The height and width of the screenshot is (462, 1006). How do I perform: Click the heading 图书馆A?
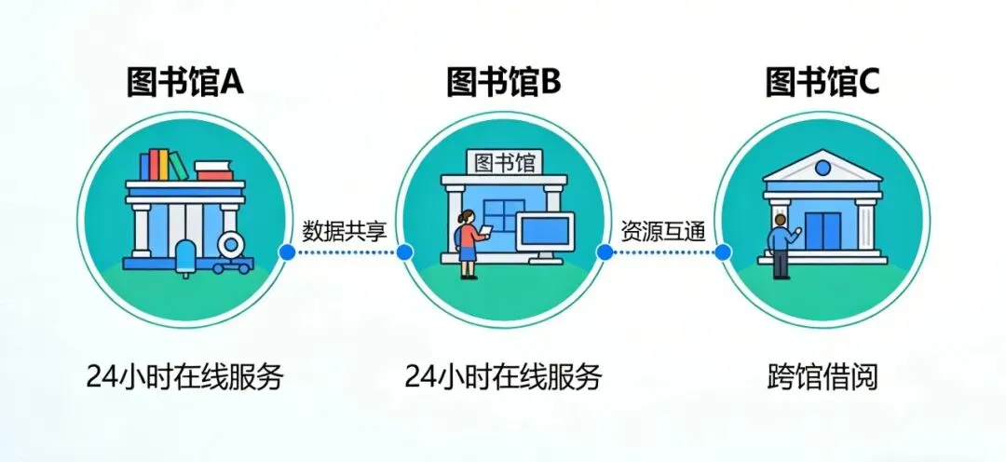[x=185, y=83]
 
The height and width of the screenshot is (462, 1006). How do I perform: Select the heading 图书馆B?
[x=504, y=83]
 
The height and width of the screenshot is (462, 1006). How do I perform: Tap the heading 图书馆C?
[x=822, y=83]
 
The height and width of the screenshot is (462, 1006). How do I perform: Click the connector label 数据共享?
[x=344, y=229]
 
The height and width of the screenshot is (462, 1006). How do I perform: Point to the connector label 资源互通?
[x=662, y=229]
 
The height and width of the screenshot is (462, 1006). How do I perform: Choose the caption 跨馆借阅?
[x=822, y=377]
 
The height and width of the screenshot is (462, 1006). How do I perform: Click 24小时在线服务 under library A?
[x=185, y=377]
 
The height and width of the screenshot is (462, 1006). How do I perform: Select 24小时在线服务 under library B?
[x=504, y=377]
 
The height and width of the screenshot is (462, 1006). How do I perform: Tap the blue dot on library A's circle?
[x=287, y=251]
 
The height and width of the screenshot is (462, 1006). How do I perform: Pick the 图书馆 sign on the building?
[x=504, y=162]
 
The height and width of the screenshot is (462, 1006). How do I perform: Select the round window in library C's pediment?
[x=822, y=168]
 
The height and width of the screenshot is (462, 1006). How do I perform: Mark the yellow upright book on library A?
[x=162, y=165]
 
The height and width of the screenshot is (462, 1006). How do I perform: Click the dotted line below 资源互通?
[x=662, y=251]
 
